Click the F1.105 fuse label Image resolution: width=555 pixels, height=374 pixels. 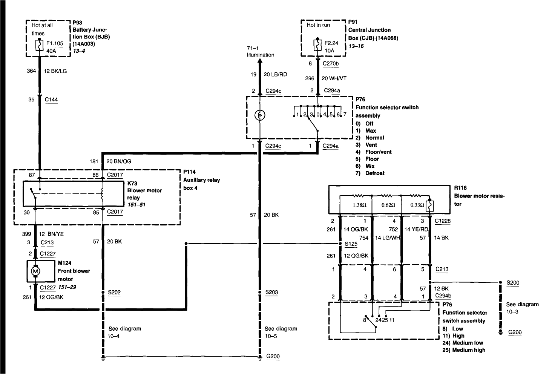[x=55, y=43]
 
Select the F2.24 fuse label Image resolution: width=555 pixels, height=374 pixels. [x=331, y=43]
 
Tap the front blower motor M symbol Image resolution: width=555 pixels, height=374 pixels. [x=35, y=271]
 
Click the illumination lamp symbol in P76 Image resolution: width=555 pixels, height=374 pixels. [x=259, y=115]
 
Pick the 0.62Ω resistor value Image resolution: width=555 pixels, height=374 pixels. [x=388, y=205]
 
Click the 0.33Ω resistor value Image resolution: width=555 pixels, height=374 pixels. [x=417, y=205]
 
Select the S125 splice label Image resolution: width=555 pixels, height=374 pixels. [x=351, y=244]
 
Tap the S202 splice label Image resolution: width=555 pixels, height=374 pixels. [x=114, y=292]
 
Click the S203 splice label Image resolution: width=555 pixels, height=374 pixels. [x=271, y=292]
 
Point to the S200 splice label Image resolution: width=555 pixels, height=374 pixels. [x=512, y=282]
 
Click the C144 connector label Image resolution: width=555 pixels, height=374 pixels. [x=51, y=100]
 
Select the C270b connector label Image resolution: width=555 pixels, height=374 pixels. [x=330, y=64]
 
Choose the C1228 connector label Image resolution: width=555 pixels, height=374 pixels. [x=442, y=221]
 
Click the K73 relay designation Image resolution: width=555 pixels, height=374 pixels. [x=132, y=183]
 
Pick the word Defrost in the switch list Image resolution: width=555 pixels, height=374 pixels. [x=375, y=173]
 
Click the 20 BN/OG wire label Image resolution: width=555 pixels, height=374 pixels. [x=119, y=161]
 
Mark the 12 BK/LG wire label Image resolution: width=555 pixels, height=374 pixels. [x=55, y=71]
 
